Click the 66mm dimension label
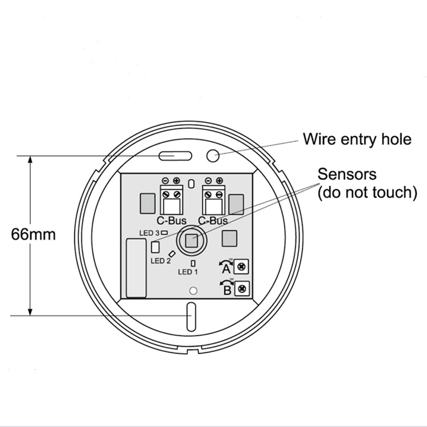[33, 234]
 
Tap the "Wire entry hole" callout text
[357, 139]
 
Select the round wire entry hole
[213, 155]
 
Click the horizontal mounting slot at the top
[175, 156]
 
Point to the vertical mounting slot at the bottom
[191, 317]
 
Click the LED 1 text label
[188, 272]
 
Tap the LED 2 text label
[161, 261]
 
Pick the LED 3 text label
[149, 233]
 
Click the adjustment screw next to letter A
[241, 266]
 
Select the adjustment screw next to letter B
[242, 289]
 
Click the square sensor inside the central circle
[192, 240]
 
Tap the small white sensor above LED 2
[155, 247]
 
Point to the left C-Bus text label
[171, 220]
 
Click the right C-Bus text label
[213, 220]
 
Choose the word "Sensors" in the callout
[347, 174]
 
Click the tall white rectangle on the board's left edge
[136, 268]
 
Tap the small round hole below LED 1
[193, 291]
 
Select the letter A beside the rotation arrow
[226, 269]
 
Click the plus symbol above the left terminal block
[176, 180]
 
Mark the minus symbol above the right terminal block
[208, 180]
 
